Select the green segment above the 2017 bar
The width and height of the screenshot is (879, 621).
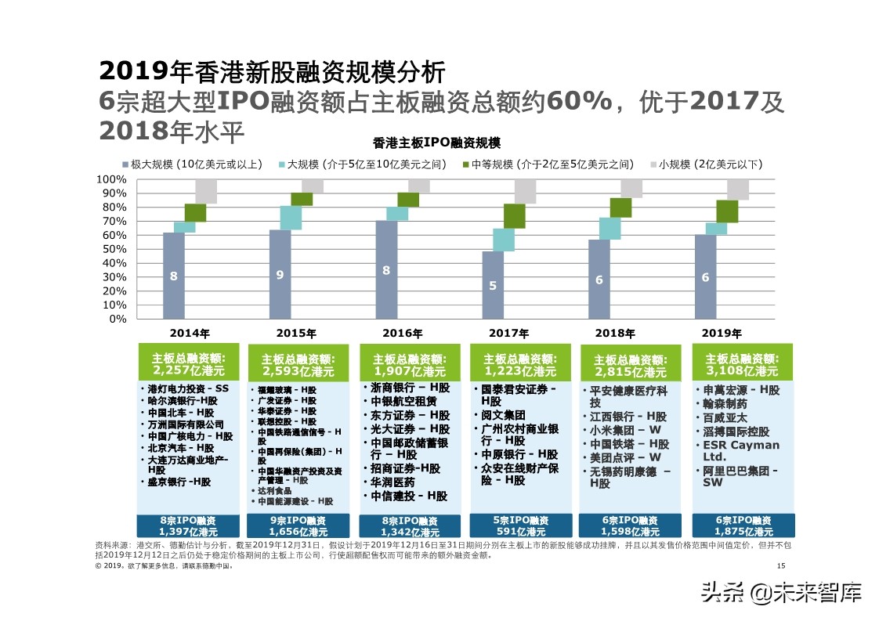[x=514, y=216]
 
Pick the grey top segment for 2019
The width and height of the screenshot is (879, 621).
[x=738, y=190]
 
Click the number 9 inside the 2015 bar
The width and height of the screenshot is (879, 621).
[x=280, y=274]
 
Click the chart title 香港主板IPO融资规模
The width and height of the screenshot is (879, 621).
[x=436, y=143]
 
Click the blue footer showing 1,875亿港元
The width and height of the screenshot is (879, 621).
[x=736, y=525]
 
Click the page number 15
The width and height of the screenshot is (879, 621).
[x=780, y=566]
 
